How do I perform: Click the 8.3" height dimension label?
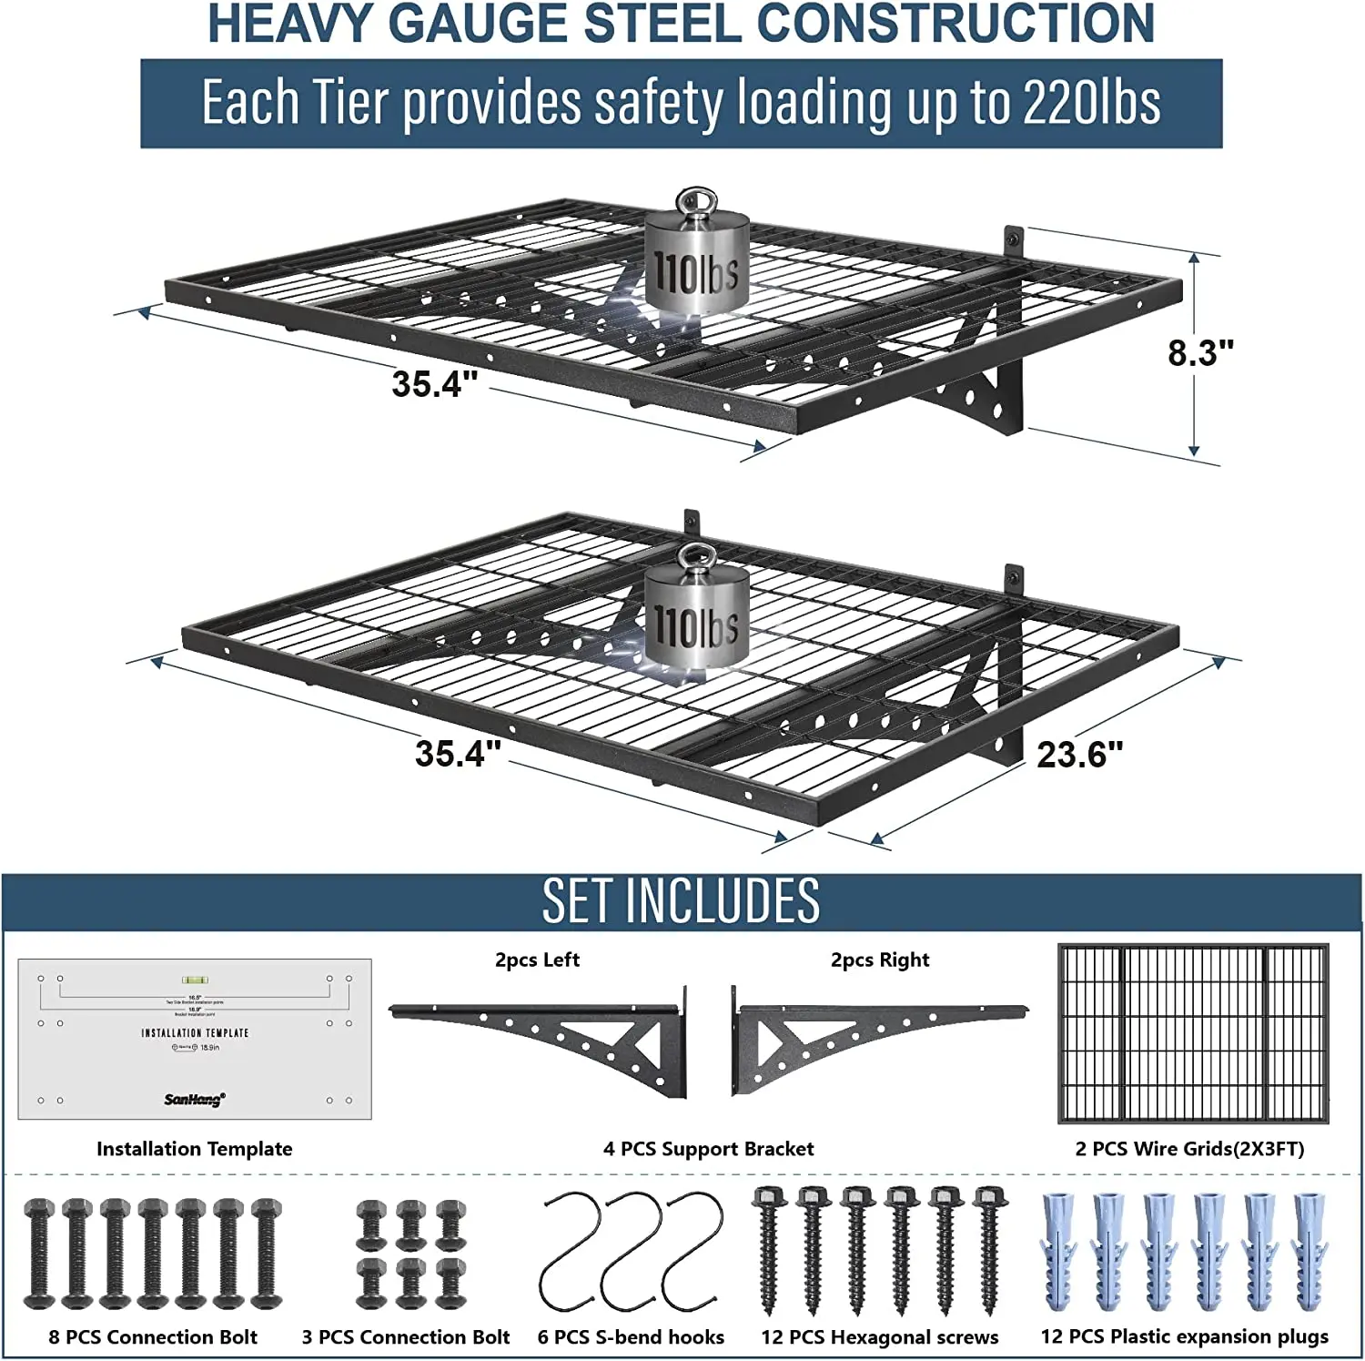point(1200,353)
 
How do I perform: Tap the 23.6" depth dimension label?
point(1079,755)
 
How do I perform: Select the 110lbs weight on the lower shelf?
point(697,614)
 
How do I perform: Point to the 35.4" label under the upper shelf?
point(434,384)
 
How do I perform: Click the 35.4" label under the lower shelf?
point(458,754)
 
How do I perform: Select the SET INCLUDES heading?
point(681,901)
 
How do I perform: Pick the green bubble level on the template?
point(194,980)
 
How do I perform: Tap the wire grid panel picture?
point(1192,1033)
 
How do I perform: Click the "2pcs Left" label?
point(537,960)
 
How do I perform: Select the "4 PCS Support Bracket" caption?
point(708,1149)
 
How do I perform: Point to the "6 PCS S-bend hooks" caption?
point(631,1337)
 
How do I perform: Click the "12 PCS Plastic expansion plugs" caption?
point(1184,1336)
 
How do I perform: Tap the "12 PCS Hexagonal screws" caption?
point(879,1337)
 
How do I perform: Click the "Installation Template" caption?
point(194,1149)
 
